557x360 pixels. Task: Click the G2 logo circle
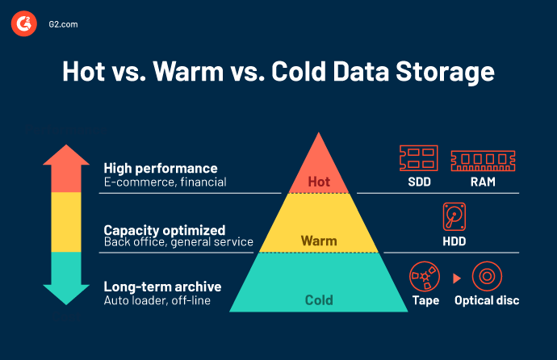click(23, 24)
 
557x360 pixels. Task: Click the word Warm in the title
click(235, 72)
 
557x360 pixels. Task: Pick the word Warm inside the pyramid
click(319, 241)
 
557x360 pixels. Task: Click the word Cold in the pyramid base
click(319, 300)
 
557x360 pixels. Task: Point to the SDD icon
click(418, 157)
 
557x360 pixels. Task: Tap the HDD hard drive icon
click(454, 218)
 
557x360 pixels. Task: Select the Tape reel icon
click(425, 277)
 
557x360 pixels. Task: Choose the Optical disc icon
click(487, 277)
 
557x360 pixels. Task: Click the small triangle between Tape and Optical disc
click(457, 278)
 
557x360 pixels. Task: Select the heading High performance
click(160, 168)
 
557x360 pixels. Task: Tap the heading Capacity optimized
click(164, 229)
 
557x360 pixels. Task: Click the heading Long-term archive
click(162, 287)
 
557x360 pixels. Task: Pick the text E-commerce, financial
click(165, 182)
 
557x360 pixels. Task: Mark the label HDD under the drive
click(454, 241)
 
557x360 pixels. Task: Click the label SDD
click(418, 182)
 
